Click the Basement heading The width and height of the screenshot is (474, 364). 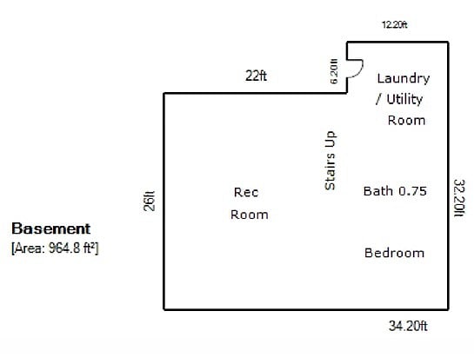click(50, 228)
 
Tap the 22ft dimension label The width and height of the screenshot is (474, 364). click(256, 76)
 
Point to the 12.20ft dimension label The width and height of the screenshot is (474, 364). click(395, 24)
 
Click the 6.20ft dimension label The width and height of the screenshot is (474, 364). click(334, 71)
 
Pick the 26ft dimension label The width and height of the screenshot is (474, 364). click(150, 201)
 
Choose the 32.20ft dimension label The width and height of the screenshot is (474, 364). click(459, 198)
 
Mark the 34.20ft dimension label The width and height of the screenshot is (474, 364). click(408, 326)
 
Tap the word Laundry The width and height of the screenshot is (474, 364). click(404, 78)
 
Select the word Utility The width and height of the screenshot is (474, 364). click(404, 99)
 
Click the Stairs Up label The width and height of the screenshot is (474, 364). click(330, 161)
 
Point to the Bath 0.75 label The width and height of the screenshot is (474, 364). click(395, 191)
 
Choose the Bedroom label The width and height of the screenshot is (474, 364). click(394, 253)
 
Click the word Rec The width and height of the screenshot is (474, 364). click(246, 192)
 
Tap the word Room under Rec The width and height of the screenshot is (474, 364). click(250, 215)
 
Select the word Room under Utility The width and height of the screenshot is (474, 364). click(406, 120)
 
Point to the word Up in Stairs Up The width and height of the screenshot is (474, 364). click(330, 139)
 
